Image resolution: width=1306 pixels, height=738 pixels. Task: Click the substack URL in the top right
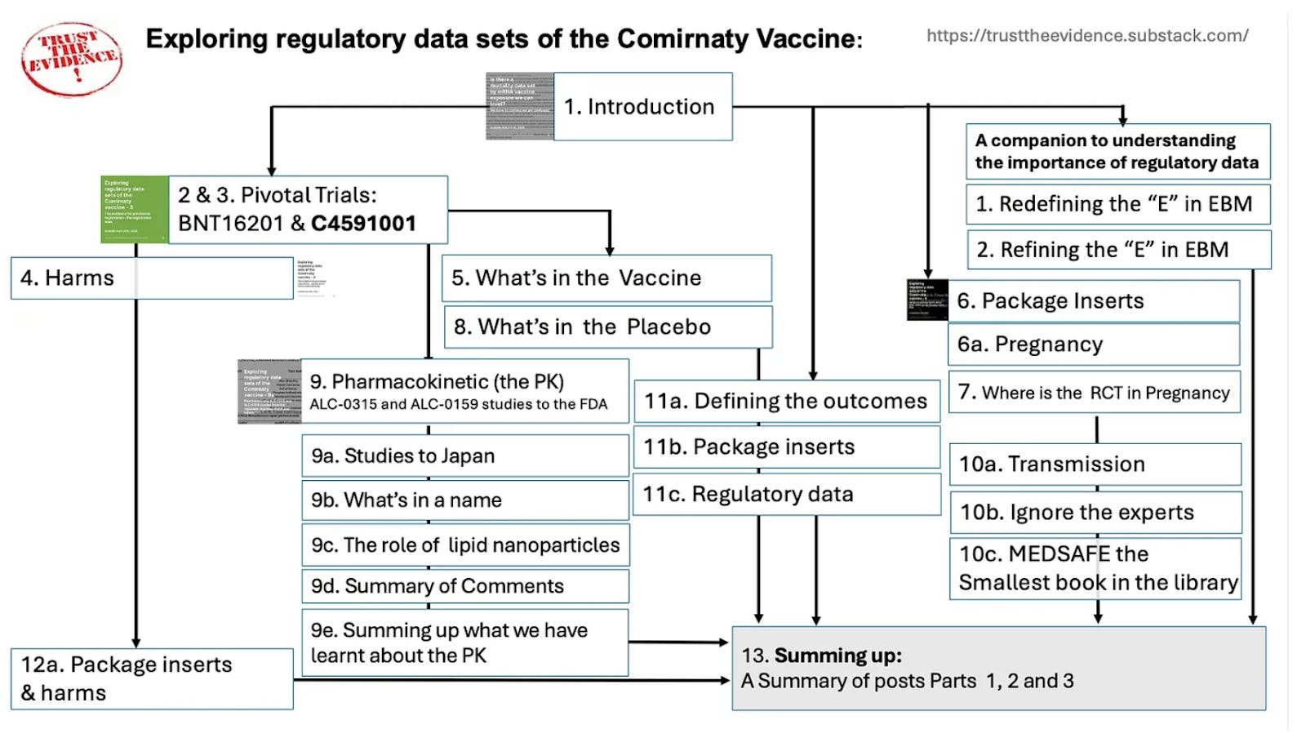[x=1086, y=36]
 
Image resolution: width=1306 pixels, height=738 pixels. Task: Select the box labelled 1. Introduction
[x=642, y=107]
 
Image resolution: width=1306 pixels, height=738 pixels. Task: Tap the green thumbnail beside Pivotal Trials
[x=134, y=209]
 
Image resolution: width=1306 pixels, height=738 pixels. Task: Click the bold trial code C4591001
[x=364, y=224]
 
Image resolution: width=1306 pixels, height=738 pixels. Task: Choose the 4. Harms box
[x=152, y=278]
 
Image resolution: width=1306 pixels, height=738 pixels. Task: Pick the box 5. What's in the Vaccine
[x=606, y=278]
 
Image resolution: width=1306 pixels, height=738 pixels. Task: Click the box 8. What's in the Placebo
[x=607, y=327]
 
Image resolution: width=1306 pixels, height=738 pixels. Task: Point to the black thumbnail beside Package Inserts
[x=927, y=300]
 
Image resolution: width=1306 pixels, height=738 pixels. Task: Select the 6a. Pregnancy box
[x=1093, y=345]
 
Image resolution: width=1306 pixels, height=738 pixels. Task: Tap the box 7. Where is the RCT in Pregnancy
[x=1094, y=393]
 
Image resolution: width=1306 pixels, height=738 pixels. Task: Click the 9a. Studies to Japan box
[x=464, y=456]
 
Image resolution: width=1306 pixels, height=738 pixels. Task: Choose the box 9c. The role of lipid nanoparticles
[x=465, y=545]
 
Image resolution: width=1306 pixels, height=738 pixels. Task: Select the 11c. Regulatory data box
[x=786, y=494]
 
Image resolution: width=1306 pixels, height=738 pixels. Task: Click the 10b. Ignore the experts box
[x=1095, y=513]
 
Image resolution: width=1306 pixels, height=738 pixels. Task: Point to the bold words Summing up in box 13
[x=837, y=656]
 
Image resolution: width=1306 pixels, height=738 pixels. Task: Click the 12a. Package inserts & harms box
[x=152, y=678]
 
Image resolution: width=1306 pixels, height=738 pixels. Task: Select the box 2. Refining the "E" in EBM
[x=1118, y=250]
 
